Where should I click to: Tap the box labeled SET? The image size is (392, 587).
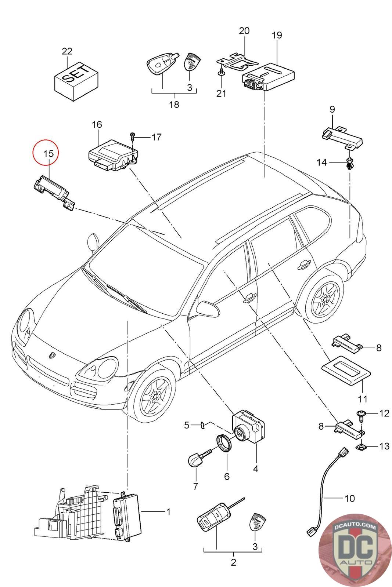[x=76, y=81]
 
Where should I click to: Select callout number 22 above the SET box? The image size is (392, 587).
[x=67, y=51]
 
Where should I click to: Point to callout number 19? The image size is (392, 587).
[x=277, y=35]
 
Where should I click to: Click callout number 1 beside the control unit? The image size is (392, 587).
[x=169, y=511]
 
